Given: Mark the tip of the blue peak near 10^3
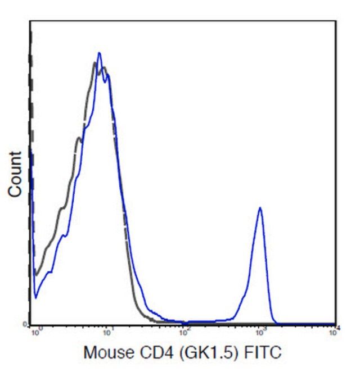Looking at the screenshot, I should tap(260, 207).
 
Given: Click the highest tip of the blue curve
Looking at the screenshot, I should tap(99, 53).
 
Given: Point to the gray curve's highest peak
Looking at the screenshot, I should tap(94, 63).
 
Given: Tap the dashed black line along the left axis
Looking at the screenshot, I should tap(31, 140).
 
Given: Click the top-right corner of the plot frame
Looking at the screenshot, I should tap(336, 21).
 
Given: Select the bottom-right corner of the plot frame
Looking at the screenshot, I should tap(336, 325).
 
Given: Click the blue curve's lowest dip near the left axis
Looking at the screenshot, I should tap(35, 297).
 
